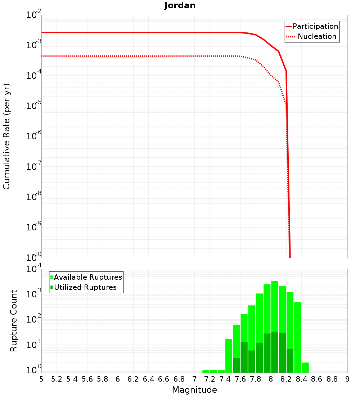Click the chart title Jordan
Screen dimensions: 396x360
[180, 5]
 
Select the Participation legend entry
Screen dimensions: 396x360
[312, 26]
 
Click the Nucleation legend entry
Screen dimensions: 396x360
[312, 36]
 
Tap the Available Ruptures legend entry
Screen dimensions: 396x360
[86, 277]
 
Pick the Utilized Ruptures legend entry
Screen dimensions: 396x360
[84, 287]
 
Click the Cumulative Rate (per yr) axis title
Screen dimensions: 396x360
[6, 136]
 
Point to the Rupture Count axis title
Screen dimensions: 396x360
[14, 320]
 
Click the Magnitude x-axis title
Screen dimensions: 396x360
[194, 390]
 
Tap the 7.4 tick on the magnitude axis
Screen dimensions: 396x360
[225, 379]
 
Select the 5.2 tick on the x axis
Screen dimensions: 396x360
[57, 379]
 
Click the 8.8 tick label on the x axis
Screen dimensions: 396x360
[332, 379]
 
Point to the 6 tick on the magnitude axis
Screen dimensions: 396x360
[118, 379]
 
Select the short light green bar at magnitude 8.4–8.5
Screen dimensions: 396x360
[305, 368]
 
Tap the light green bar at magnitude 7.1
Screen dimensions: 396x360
[206, 371]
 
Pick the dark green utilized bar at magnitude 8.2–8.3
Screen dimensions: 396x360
[290, 360]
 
